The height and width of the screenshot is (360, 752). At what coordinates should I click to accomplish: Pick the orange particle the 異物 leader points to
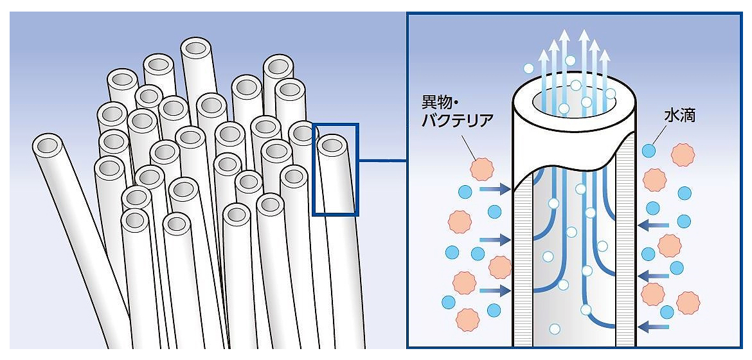click(x=480, y=168)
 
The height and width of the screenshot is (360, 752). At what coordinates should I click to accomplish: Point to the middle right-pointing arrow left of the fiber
click(x=494, y=239)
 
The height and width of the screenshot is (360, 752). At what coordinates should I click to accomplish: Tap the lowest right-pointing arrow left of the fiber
click(x=494, y=291)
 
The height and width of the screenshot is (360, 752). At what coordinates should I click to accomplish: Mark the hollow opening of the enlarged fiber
click(x=574, y=98)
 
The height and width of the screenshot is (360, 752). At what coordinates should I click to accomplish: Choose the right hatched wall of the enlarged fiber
click(x=625, y=257)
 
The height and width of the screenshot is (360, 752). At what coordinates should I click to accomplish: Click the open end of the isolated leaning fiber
click(x=48, y=145)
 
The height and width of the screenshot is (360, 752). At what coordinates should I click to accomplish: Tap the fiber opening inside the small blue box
click(x=331, y=145)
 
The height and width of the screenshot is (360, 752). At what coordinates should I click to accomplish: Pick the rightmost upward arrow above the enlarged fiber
click(x=604, y=64)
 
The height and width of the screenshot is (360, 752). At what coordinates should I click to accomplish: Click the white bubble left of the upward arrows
click(x=528, y=68)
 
